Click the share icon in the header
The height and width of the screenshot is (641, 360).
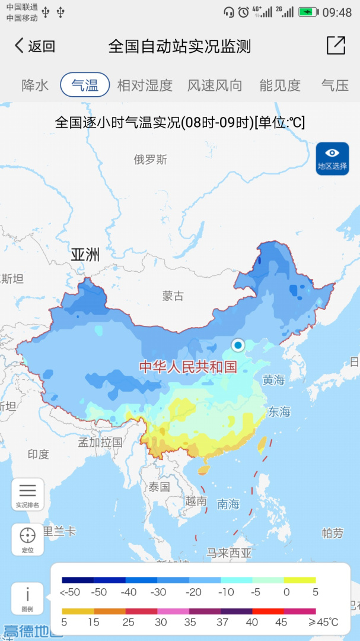(x=336, y=46)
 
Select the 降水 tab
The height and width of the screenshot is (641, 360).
(x=35, y=85)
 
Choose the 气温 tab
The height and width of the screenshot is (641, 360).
(x=85, y=85)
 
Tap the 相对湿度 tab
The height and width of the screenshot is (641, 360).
(x=145, y=85)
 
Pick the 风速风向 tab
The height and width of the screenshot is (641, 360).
(x=215, y=85)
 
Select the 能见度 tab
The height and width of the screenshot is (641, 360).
(x=280, y=85)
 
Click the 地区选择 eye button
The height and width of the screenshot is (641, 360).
(x=332, y=158)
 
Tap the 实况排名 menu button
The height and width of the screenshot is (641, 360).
(x=27, y=494)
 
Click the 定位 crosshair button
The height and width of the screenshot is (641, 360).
(x=27, y=539)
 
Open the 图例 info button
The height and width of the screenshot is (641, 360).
(x=27, y=598)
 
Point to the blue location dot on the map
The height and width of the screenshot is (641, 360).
(x=238, y=345)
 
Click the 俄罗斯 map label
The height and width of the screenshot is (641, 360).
(x=150, y=159)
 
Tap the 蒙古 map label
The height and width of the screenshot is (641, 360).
(x=173, y=296)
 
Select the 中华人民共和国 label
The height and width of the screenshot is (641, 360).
(x=188, y=367)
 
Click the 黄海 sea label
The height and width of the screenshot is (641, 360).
(x=273, y=380)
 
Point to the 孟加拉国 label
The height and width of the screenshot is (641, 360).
(x=100, y=442)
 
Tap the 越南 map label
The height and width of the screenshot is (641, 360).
(x=196, y=501)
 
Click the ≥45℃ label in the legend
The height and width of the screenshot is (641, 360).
(x=323, y=622)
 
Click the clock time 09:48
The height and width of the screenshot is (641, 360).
(x=337, y=12)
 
